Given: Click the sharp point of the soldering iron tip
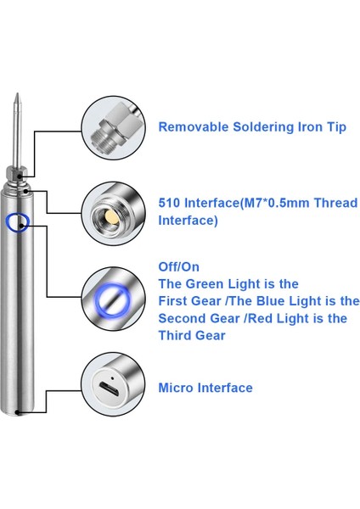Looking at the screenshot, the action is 18,94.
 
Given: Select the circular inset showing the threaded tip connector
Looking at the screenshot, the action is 113,127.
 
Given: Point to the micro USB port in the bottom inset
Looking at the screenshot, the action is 110,389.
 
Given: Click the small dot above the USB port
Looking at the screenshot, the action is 113,378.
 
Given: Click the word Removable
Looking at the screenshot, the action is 194,126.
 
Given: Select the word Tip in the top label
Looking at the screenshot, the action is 336,127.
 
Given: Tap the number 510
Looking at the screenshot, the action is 169,203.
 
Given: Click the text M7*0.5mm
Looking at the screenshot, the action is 277,203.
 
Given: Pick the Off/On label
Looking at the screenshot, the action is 178,267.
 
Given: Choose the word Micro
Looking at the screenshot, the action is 176,388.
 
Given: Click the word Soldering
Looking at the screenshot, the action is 263,127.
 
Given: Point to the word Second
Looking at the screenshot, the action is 183,318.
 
